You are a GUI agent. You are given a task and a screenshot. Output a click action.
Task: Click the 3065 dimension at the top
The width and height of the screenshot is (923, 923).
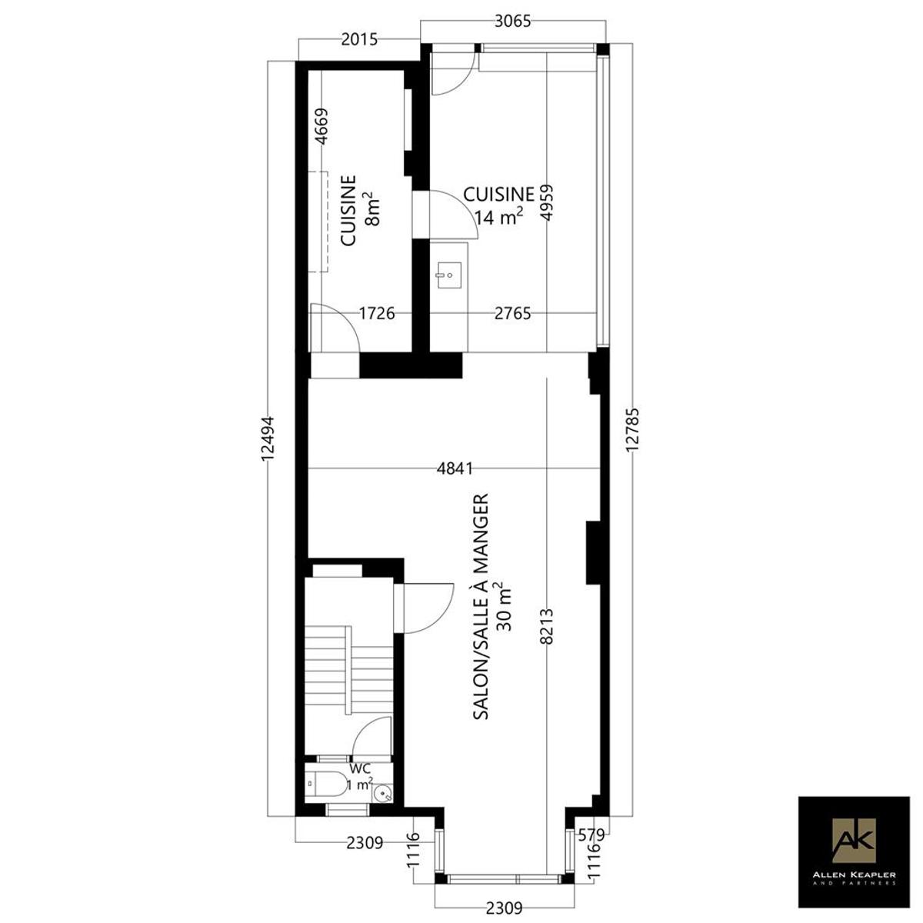512,22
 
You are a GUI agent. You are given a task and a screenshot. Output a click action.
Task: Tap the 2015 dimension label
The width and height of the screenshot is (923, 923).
359,39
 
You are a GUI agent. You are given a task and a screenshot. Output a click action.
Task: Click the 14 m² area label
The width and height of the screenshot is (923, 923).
498,217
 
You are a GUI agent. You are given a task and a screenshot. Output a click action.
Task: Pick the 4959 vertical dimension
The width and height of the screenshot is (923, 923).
547,202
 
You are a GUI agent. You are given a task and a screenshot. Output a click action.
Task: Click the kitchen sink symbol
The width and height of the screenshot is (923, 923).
448,276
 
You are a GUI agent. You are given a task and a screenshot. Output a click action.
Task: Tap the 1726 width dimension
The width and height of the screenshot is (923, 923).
377,314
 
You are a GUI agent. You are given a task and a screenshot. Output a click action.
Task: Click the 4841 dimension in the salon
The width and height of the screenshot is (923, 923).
455,468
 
